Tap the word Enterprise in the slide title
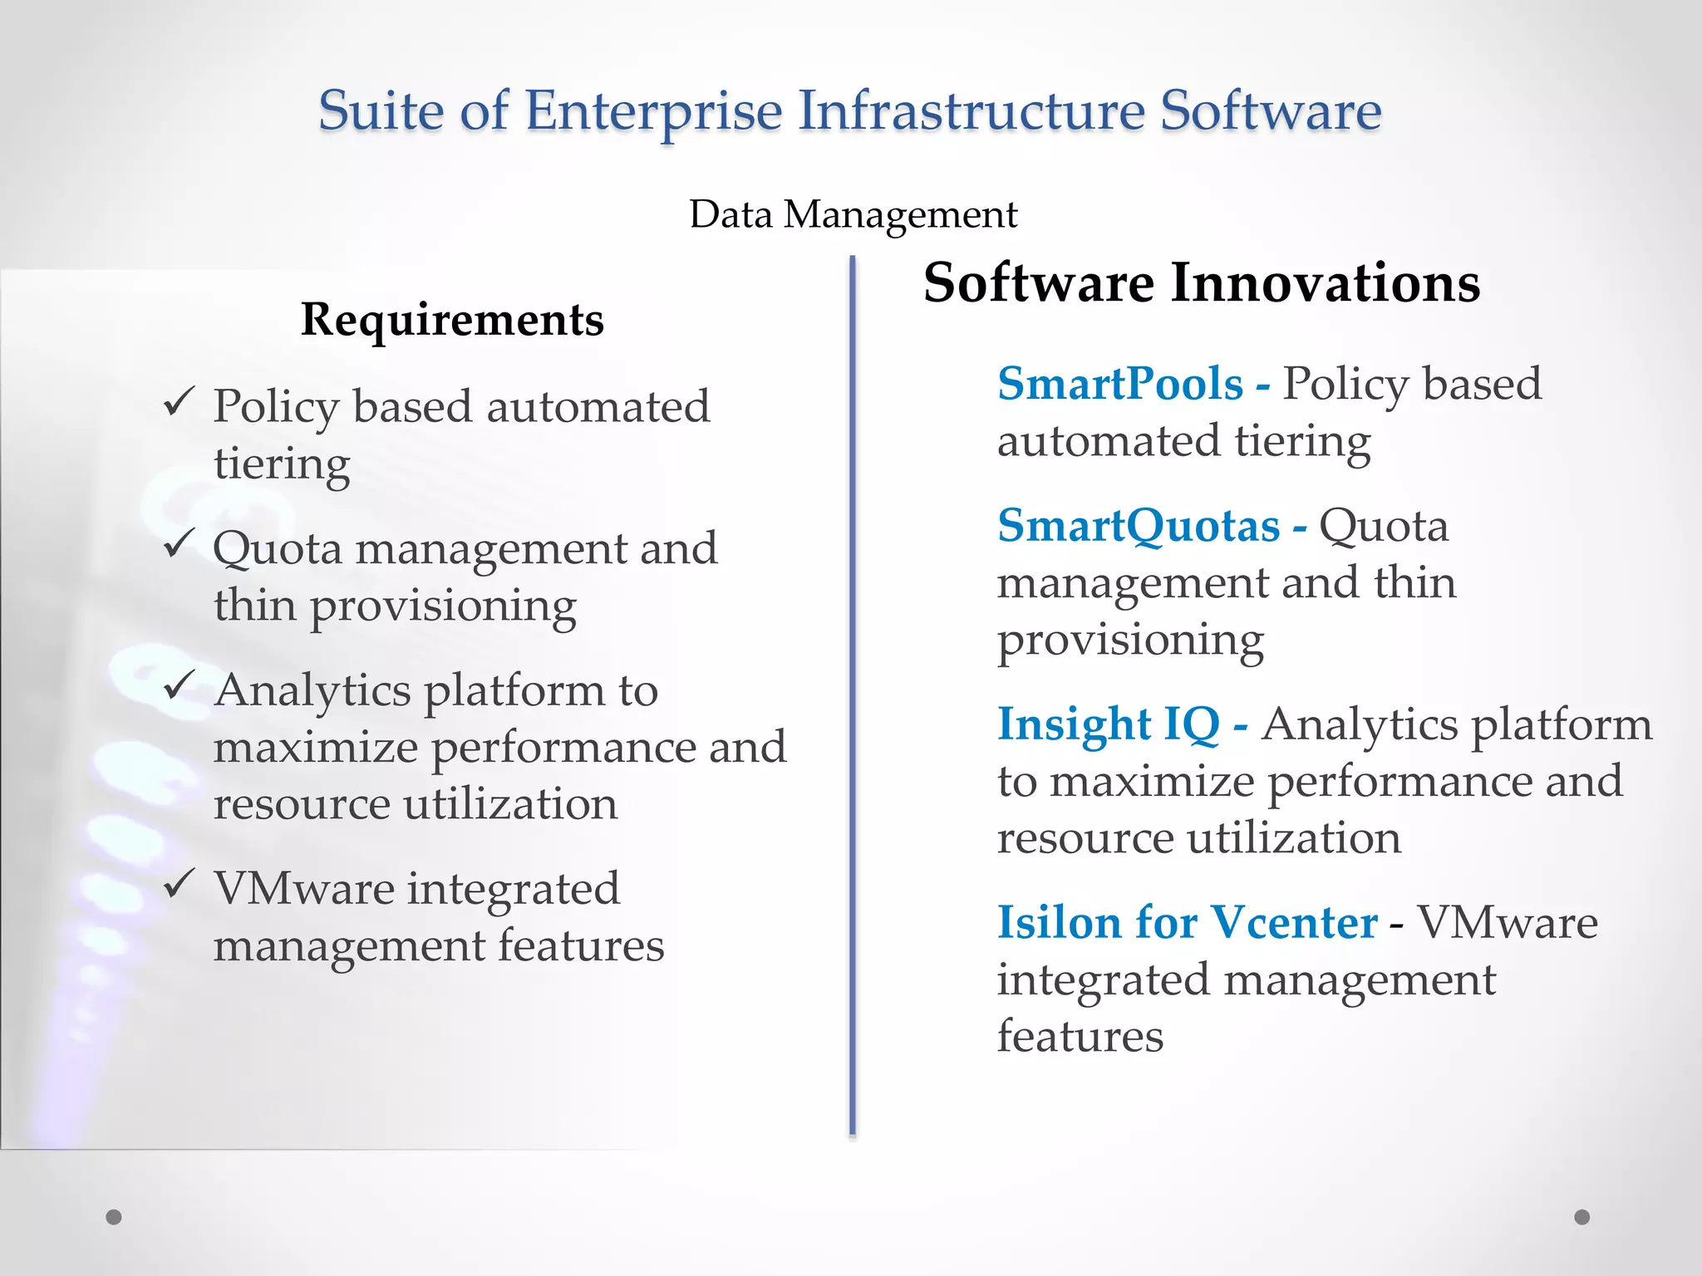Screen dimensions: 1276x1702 (653, 112)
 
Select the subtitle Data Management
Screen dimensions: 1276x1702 (853, 214)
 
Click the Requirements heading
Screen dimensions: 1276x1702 (452, 320)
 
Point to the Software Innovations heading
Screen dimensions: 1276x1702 (1201, 283)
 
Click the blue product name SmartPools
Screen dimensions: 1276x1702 (1119, 384)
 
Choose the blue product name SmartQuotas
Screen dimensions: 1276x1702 (1139, 526)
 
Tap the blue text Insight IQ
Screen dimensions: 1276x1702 (1108, 724)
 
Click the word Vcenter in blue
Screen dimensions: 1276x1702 (1294, 922)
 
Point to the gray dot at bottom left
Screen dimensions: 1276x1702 (114, 1217)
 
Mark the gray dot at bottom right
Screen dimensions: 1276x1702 (1581, 1217)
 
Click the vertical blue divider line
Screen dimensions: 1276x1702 (852, 698)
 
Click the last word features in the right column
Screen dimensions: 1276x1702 (1080, 1037)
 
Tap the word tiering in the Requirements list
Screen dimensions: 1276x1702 (282, 464)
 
